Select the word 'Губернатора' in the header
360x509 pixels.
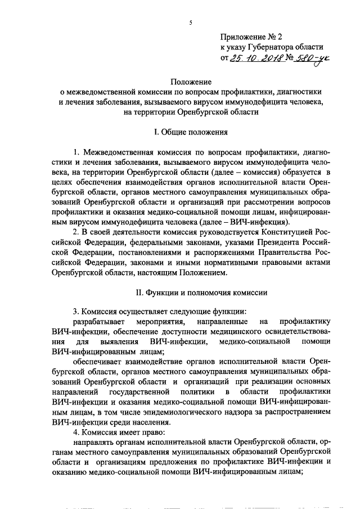coord(274,47)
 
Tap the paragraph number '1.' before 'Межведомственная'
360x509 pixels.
coord(77,153)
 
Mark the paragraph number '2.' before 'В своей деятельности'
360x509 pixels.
coord(77,232)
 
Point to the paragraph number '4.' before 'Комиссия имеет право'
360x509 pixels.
coord(77,433)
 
